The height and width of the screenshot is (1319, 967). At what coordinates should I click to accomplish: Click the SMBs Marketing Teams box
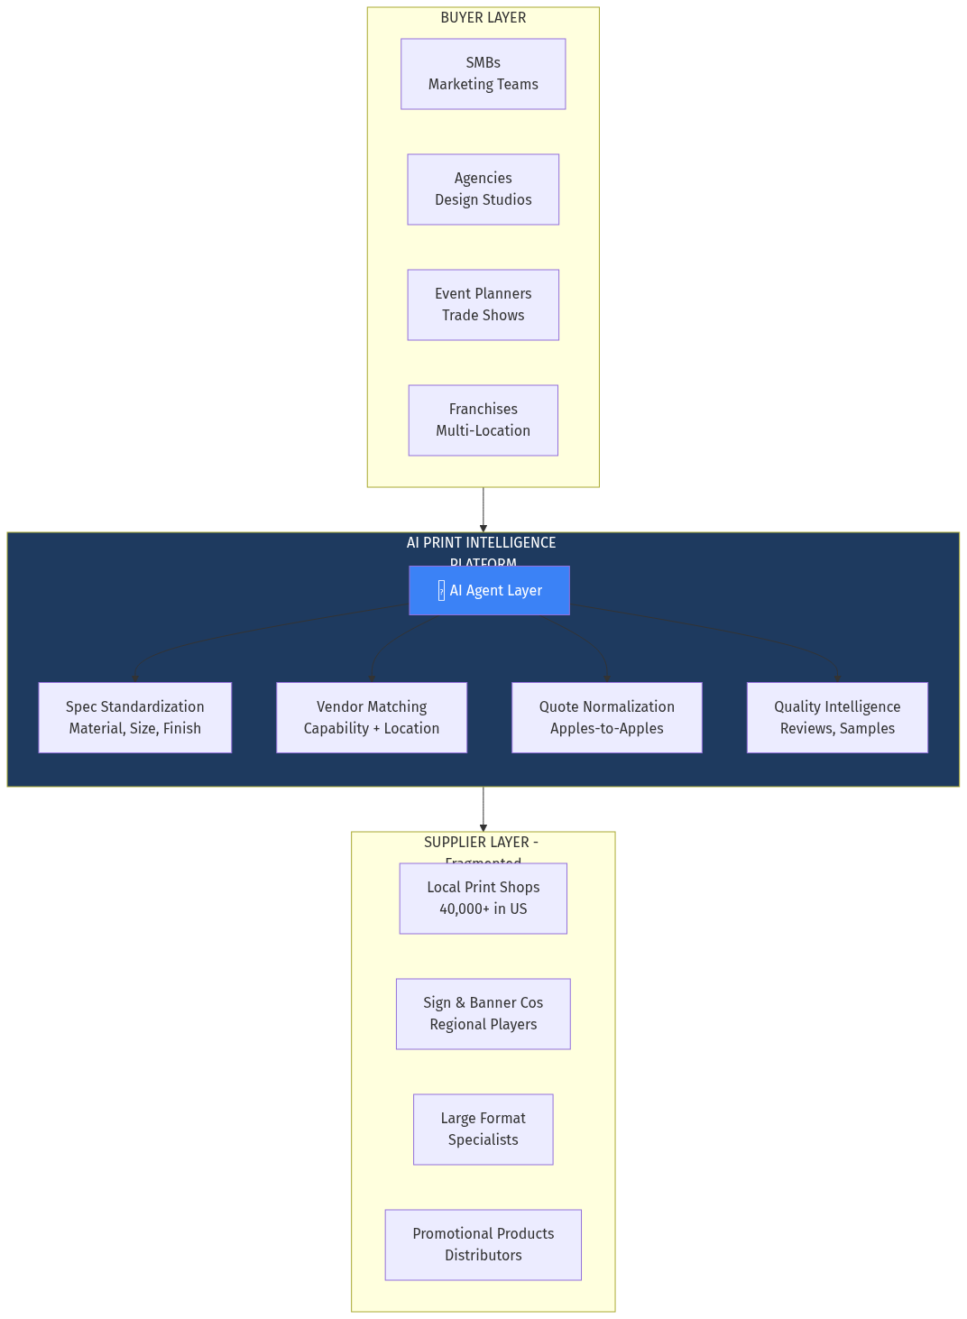(483, 74)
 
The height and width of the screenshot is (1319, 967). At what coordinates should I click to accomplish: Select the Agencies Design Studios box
(483, 189)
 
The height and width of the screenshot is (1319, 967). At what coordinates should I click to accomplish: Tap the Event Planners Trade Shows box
(483, 305)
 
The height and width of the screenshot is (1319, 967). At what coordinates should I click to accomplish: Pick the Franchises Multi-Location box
(483, 420)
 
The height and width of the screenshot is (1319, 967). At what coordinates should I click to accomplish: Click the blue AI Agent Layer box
(489, 591)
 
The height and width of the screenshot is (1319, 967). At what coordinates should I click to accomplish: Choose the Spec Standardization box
(135, 717)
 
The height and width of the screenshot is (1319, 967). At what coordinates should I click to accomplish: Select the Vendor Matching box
(372, 717)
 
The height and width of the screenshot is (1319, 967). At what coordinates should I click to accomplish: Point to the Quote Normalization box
(607, 717)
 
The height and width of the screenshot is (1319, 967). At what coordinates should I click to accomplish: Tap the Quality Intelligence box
(837, 717)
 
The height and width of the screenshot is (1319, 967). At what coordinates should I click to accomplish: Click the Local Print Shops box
(483, 899)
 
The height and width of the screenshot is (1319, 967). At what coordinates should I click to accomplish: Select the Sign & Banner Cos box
(483, 1014)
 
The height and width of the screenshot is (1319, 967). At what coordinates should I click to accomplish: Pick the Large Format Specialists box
(483, 1130)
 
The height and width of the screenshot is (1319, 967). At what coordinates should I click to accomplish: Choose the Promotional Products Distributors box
(483, 1245)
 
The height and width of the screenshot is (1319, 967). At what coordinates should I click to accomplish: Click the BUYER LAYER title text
(483, 18)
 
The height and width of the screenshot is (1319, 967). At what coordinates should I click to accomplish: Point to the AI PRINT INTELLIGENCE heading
(482, 543)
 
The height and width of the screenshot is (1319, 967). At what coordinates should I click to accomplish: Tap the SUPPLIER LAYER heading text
(481, 843)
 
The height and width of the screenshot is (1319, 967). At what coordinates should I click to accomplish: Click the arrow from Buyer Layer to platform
(483, 510)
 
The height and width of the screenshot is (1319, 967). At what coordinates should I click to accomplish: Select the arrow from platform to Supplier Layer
(483, 809)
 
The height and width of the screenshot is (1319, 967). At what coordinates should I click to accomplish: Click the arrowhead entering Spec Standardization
(135, 677)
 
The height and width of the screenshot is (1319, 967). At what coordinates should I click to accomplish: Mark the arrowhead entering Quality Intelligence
(838, 677)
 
